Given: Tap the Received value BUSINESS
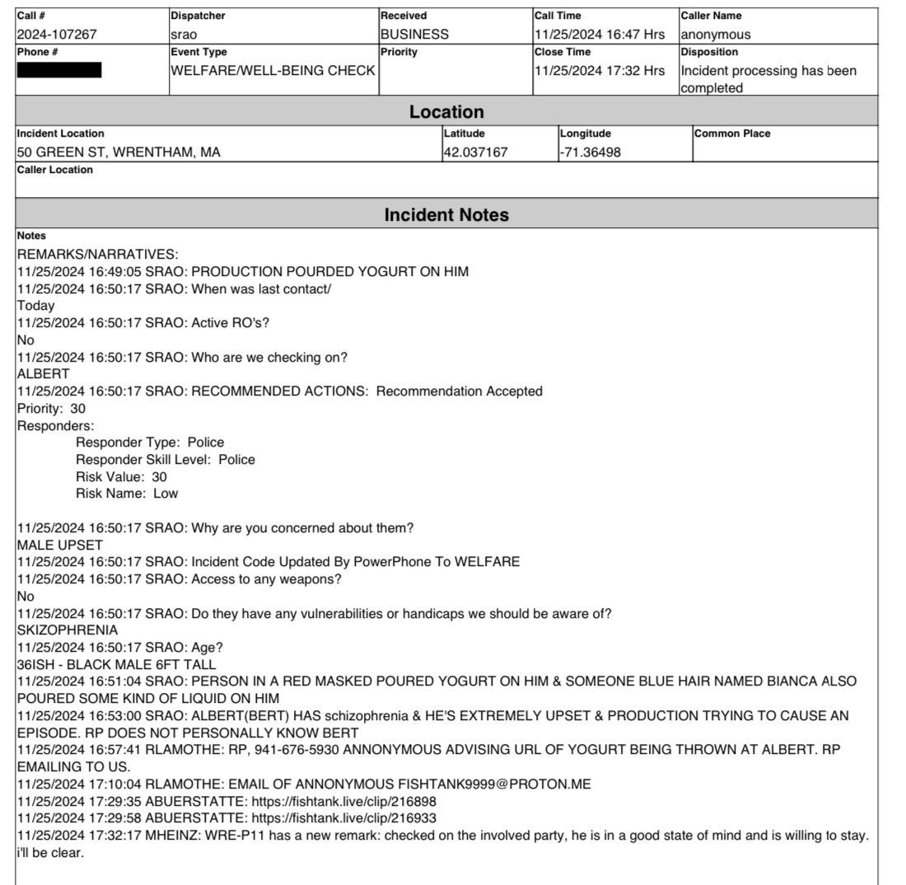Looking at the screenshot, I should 414,35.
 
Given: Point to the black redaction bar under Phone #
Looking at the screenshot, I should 59,70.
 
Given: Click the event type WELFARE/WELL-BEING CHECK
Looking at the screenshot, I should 273,71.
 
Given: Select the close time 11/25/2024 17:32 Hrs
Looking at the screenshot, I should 599,71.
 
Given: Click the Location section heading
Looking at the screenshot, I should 446,112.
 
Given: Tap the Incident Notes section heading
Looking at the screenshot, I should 446,215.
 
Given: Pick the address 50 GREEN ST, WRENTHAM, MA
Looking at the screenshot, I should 119,152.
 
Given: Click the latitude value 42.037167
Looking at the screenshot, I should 476,152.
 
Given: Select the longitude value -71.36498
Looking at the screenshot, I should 591,152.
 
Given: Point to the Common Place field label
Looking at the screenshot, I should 732,133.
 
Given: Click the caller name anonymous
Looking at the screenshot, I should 715,35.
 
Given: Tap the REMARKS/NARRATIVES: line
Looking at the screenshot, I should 98,255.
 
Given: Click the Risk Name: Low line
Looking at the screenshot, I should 127,494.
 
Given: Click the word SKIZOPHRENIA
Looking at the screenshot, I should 68,630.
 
